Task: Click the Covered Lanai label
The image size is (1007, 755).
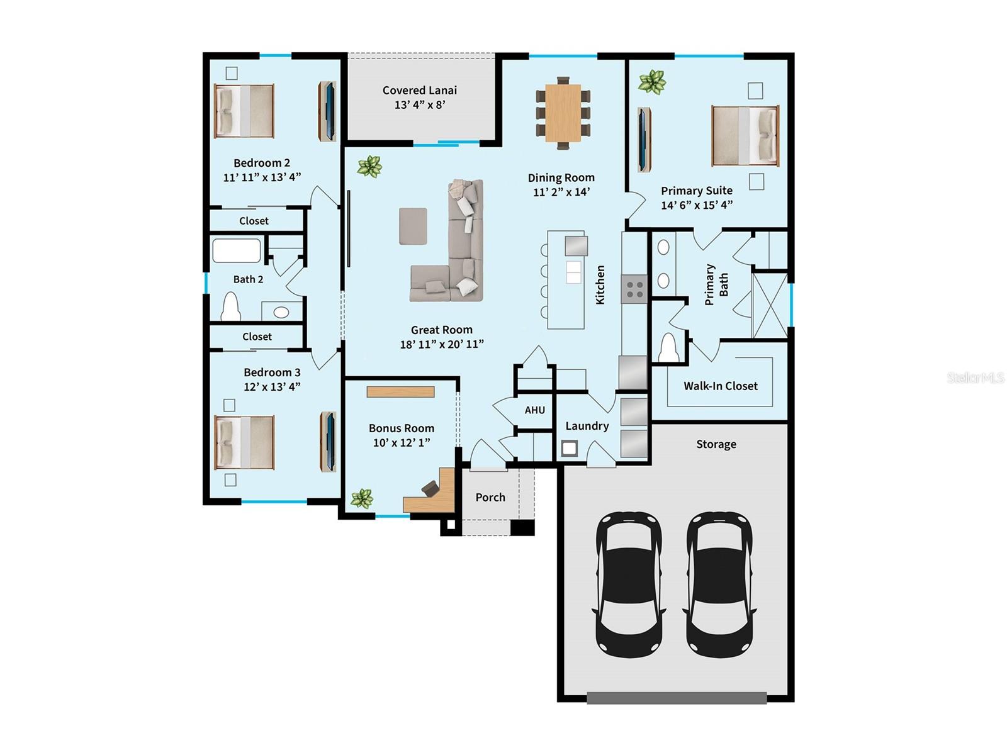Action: coord(419,91)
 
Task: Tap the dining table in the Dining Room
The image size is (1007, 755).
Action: coord(563,113)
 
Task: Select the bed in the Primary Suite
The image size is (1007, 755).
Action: coord(745,135)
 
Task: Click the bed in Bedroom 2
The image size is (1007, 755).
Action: coord(244,111)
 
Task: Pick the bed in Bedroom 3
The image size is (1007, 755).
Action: coord(244,442)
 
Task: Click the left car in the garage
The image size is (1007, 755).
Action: coord(628,583)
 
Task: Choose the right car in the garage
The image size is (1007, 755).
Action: coord(719,583)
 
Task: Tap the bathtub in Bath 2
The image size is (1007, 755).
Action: coord(236,250)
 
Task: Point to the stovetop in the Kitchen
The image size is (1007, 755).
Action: coord(634,289)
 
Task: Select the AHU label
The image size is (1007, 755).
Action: coord(534,410)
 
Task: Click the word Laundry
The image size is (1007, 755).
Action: coord(587,426)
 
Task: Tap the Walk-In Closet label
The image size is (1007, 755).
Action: coord(720,386)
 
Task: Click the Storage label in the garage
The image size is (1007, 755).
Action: coord(716,444)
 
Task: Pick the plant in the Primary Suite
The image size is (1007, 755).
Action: coord(651,82)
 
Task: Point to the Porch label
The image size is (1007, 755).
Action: coord(490,498)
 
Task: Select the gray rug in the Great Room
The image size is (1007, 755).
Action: coord(413,226)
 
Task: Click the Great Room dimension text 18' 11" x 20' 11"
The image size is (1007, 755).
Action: coord(441,344)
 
